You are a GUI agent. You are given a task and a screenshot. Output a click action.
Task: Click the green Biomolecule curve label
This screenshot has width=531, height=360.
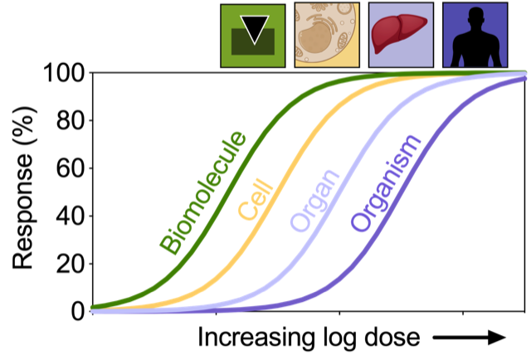204,192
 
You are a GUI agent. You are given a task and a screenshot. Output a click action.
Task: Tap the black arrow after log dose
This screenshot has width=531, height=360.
475,338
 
